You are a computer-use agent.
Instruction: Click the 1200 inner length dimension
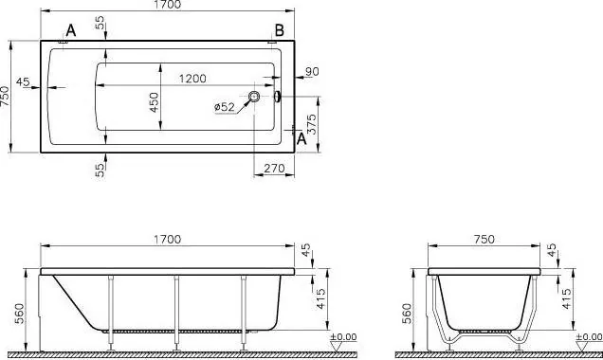point(192,79)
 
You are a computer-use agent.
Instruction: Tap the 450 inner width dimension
point(154,101)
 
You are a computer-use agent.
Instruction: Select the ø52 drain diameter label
point(224,106)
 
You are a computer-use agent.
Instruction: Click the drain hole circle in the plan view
point(254,96)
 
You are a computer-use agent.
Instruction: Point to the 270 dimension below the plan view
point(275,168)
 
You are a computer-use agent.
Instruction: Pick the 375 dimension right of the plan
point(312,124)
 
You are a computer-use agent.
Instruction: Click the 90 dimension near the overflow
point(312,71)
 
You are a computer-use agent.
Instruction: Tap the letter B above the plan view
point(279,30)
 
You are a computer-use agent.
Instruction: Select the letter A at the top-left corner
point(71,30)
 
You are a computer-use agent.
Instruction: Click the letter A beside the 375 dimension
point(301,138)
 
